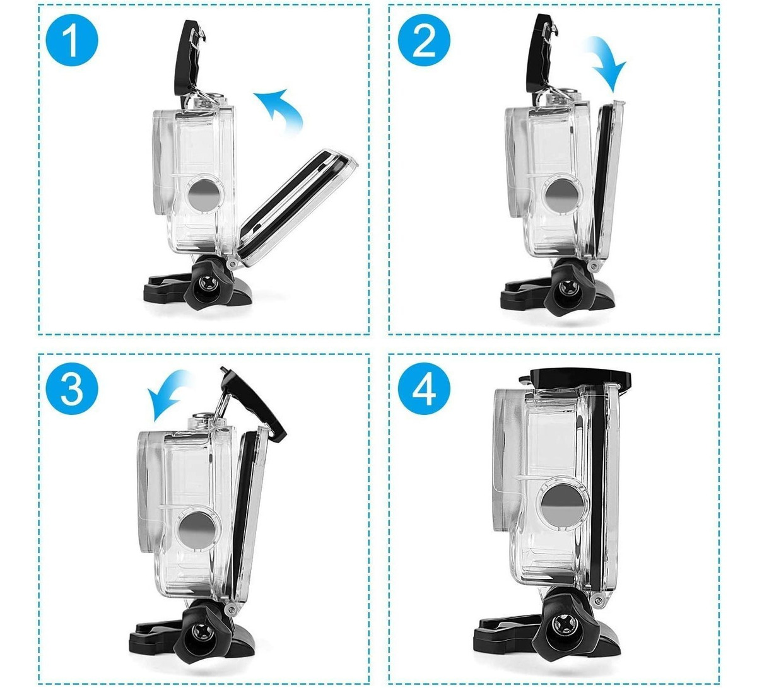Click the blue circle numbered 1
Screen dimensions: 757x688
pyautogui.click(x=72, y=40)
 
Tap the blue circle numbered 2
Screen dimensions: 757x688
pyautogui.click(x=424, y=40)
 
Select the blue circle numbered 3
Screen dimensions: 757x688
pyautogui.click(x=72, y=389)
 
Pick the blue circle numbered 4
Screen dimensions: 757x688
pyautogui.click(x=424, y=389)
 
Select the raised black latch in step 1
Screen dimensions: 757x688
pyautogui.click(x=189, y=61)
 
